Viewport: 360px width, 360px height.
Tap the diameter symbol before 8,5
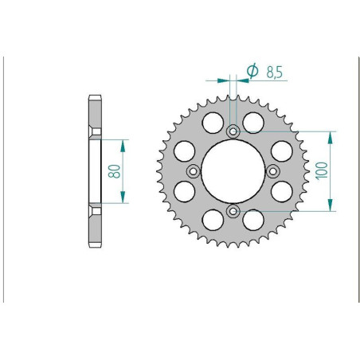tap(252, 71)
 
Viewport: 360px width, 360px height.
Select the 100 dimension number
tap(323, 170)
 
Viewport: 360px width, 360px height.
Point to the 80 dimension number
tap(115, 170)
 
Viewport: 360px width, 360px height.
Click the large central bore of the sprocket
tap(233, 170)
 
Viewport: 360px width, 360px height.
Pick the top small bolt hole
tap(233, 131)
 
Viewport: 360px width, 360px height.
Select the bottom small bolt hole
tap(233, 210)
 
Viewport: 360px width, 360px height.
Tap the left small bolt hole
tap(193, 170)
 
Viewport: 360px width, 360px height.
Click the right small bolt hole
tap(272, 170)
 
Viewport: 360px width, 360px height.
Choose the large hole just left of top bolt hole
tap(213, 122)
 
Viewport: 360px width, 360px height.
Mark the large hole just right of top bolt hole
tap(252, 122)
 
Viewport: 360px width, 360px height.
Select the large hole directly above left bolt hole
tap(184, 151)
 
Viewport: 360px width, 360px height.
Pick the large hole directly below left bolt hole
tap(184, 190)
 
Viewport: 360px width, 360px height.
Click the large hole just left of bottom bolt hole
tap(213, 219)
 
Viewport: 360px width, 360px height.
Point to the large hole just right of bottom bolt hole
tap(252, 219)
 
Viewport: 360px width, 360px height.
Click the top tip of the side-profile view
tap(95, 97)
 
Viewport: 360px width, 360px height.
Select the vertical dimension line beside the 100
tap(331, 170)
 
